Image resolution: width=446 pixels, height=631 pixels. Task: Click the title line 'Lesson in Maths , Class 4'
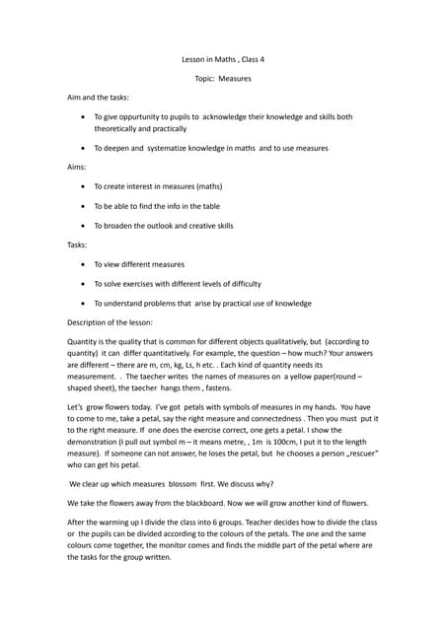[223, 59]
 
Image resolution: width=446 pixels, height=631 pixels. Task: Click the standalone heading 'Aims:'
[77, 167]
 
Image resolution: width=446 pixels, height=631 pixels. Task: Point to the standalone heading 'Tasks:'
[78, 245]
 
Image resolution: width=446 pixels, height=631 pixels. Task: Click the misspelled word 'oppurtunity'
[147, 116]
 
